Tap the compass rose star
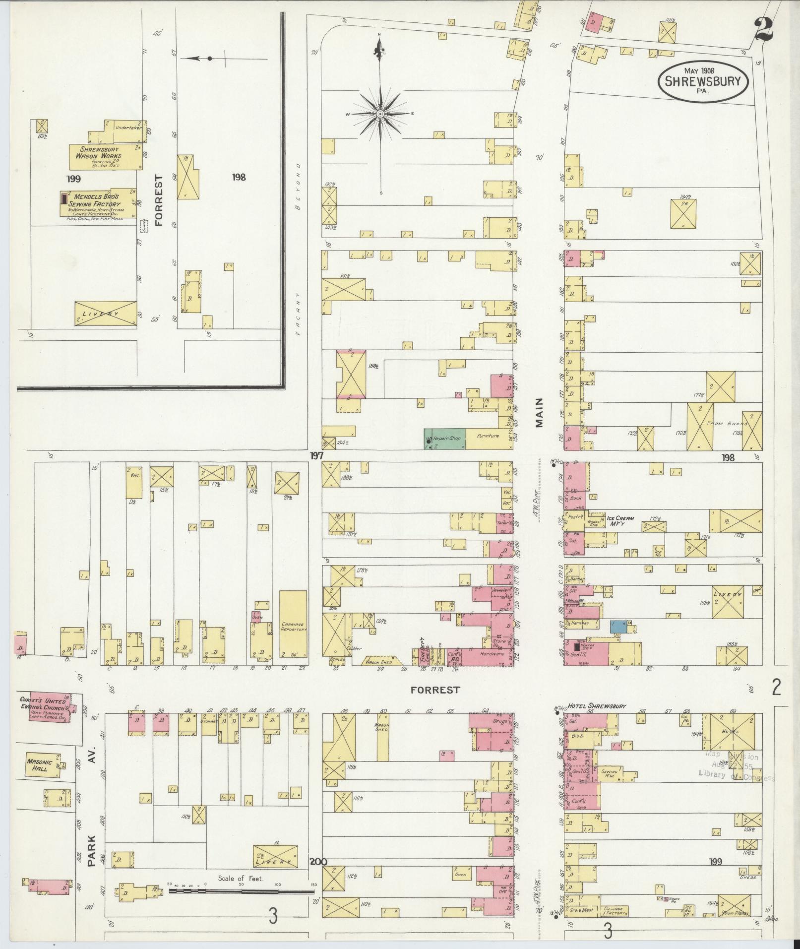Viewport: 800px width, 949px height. [380, 114]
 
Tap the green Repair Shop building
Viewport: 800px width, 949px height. [444, 439]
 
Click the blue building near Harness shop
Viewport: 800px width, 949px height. [617, 626]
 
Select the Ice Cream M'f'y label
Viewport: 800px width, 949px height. [621, 520]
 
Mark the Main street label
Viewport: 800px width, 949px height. [539, 413]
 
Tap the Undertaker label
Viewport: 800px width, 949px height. [128, 127]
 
